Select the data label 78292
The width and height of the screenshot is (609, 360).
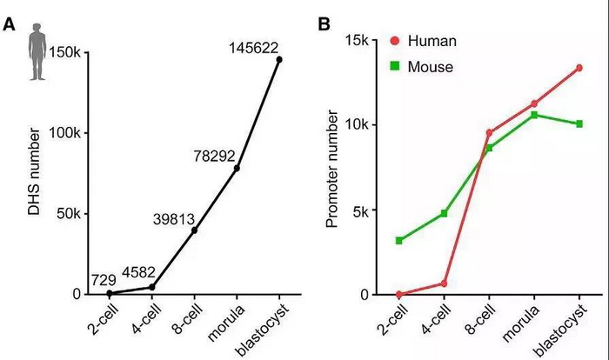tap(212, 152)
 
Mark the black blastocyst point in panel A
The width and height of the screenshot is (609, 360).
tap(279, 59)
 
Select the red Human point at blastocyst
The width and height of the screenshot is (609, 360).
tap(579, 68)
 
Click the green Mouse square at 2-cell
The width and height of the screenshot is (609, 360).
tap(399, 240)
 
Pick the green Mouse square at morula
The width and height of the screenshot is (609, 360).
tap(534, 115)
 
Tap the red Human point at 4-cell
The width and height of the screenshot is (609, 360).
tap(444, 283)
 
